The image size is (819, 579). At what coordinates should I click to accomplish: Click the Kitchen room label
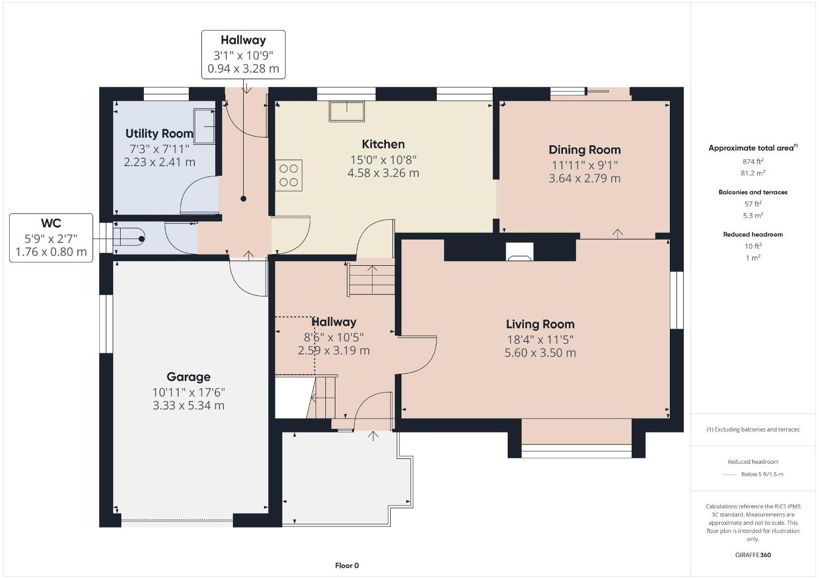click(x=383, y=144)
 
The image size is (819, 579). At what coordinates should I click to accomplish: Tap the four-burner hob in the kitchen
click(x=289, y=175)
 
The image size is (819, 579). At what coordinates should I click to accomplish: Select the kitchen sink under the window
click(x=347, y=112)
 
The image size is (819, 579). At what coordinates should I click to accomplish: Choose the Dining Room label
click(x=584, y=150)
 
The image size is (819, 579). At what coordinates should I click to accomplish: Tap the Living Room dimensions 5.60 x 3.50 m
click(x=540, y=353)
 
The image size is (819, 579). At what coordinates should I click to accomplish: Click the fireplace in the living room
click(x=520, y=251)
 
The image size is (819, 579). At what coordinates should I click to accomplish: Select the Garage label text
click(x=188, y=377)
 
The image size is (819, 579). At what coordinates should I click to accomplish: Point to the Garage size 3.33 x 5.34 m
click(x=188, y=405)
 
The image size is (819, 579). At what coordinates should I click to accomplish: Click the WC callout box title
click(x=51, y=223)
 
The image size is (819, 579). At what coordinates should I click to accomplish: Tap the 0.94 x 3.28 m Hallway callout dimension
click(x=243, y=69)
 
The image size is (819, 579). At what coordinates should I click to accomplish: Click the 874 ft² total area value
click(x=753, y=161)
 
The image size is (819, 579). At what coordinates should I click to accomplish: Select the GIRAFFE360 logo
click(x=753, y=555)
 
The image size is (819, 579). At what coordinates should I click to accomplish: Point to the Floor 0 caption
click(x=347, y=566)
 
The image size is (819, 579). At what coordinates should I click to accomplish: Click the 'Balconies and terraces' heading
click(x=753, y=192)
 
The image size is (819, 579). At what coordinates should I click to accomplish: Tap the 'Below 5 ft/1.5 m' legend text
click(x=762, y=474)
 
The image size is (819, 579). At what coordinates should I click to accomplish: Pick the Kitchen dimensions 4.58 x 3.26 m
click(x=383, y=173)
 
